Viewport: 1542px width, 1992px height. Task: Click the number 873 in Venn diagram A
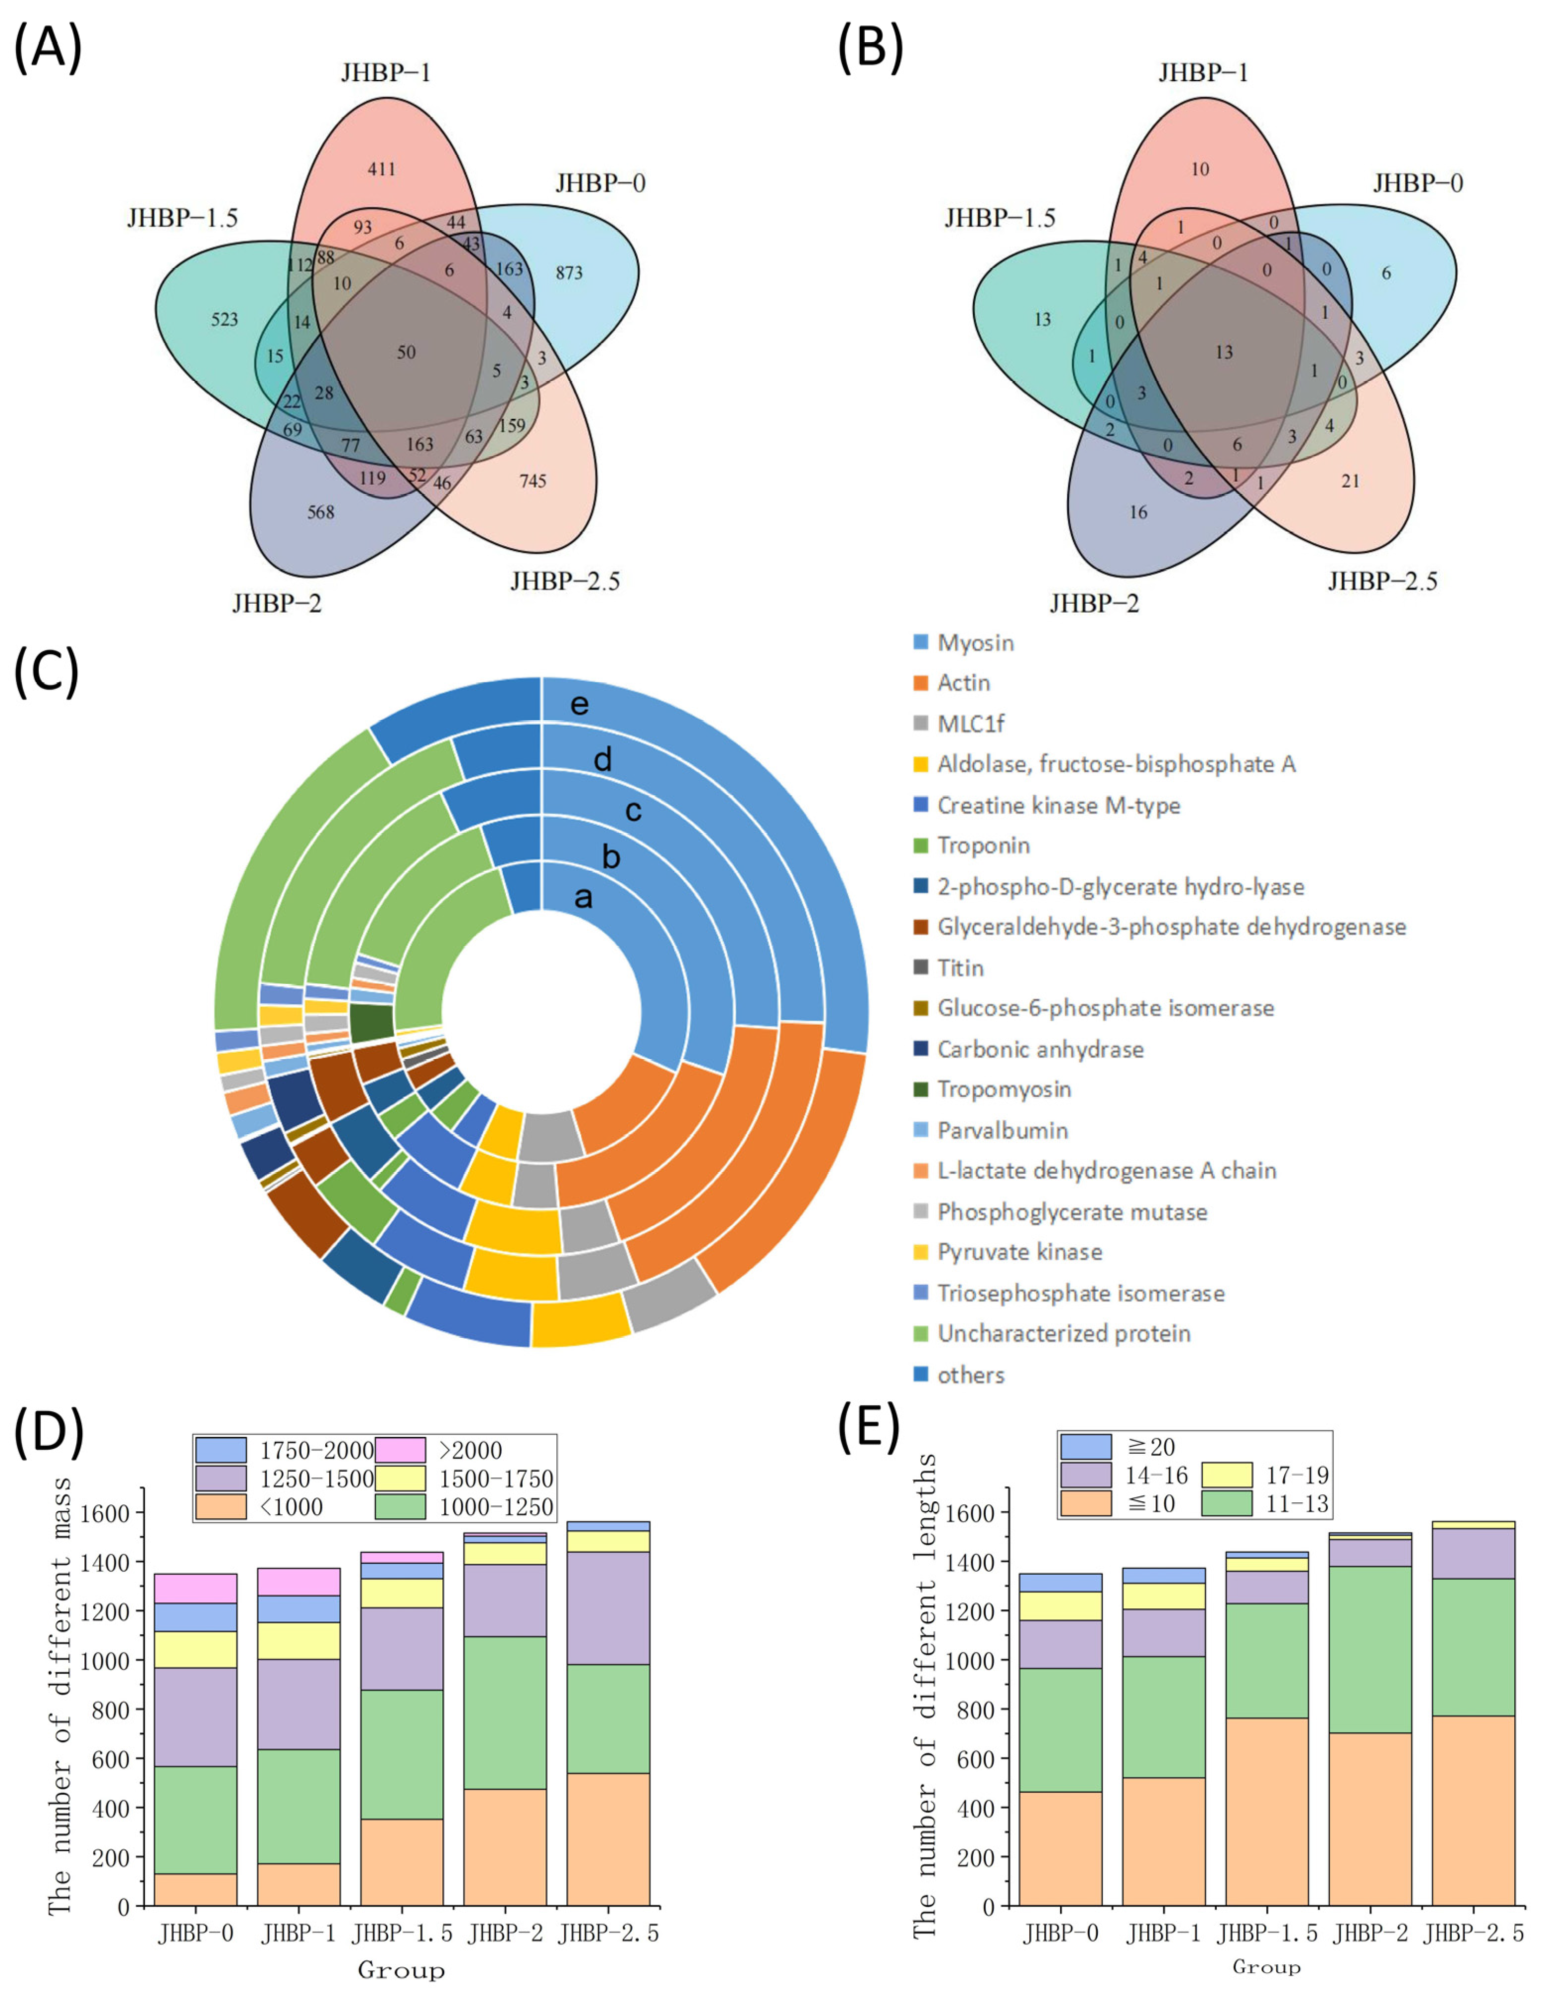(568, 273)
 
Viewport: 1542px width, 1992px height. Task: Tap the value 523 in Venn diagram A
(225, 319)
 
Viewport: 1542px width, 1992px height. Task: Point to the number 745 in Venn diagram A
(533, 481)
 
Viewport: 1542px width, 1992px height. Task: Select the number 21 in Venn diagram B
(1351, 481)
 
